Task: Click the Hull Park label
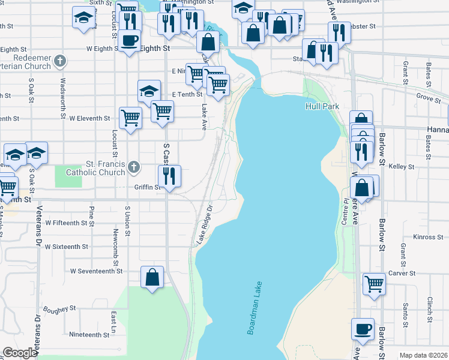click(322, 106)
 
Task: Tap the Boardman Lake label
click(255, 308)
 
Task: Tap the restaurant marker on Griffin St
click(169, 176)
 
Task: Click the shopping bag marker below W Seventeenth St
click(152, 278)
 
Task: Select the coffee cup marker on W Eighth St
click(129, 41)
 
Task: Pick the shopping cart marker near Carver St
click(374, 283)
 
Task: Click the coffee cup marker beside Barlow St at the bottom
click(363, 329)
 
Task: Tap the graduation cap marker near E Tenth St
click(149, 91)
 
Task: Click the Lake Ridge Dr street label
click(205, 226)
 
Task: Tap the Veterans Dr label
click(38, 227)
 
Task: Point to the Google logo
click(20, 353)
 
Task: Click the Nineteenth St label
click(89, 335)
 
